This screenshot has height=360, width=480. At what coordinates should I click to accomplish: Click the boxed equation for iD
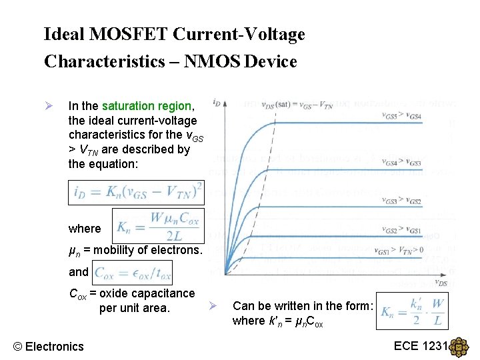click(x=137, y=192)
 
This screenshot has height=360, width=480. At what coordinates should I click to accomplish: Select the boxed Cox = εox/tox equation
click(x=133, y=272)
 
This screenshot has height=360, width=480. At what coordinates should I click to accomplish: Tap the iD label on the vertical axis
click(x=217, y=103)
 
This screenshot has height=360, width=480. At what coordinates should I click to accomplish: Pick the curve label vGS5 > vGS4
click(x=401, y=117)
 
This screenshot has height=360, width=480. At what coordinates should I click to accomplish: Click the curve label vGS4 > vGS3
click(x=401, y=163)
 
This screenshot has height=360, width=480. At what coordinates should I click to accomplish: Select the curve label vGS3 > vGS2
click(x=401, y=201)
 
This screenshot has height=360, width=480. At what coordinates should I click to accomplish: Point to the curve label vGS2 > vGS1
click(x=401, y=230)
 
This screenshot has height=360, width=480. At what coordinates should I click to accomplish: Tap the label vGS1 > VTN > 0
click(x=401, y=251)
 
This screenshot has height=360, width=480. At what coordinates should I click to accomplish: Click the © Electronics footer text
click(x=49, y=346)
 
